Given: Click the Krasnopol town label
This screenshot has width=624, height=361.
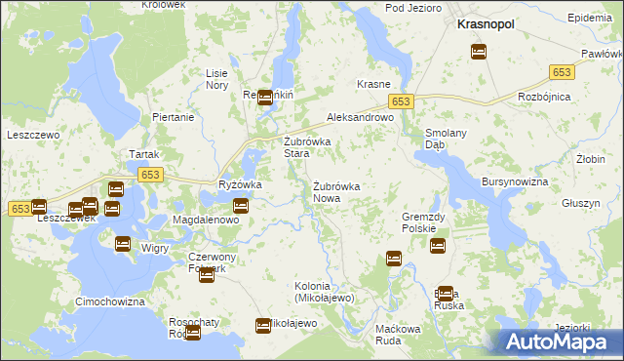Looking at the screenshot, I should tap(487, 28).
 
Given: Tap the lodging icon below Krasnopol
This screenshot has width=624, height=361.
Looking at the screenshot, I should tap(479, 53).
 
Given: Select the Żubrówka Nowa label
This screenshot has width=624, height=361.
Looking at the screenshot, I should tap(337, 191).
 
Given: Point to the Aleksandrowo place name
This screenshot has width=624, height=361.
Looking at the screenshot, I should tap(359, 116).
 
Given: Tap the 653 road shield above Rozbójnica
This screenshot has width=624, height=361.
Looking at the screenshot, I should tap(562, 72).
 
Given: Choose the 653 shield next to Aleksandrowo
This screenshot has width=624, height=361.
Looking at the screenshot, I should tap(403, 101).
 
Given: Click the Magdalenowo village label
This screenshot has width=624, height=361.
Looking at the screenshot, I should tap(206, 221).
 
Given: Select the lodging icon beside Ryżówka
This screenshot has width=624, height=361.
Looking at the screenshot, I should tap(241, 205).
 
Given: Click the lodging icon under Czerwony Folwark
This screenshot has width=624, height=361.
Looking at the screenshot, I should tap(206, 276).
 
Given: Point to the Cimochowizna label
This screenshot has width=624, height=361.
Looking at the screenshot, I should tap(110, 302).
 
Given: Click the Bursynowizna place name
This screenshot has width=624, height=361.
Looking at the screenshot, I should tap(516, 182).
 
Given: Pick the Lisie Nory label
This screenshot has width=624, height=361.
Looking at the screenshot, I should tap(216, 79).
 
